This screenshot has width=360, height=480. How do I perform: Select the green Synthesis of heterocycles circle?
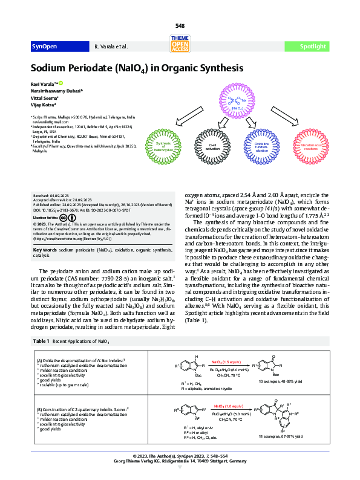[163, 146]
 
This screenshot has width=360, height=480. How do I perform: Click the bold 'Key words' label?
[45, 249]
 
